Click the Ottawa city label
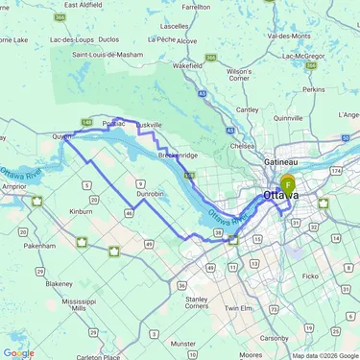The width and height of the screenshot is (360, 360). pyautogui.click(x=278, y=196)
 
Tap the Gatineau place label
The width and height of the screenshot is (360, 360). pyautogui.click(x=280, y=162)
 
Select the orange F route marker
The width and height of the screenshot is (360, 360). pyautogui.click(x=288, y=183)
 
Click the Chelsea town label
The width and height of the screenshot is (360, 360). pyautogui.click(x=243, y=146)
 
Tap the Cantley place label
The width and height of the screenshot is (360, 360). pyautogui.click(x=247, y=110)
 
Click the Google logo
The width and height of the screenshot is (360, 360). pyautogui.click(x=18, y=352)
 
